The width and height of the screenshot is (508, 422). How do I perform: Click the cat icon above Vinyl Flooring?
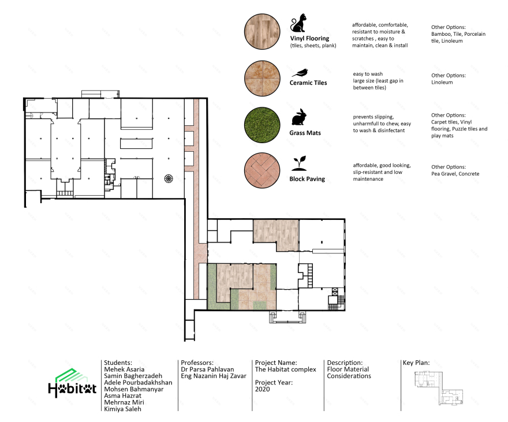(x=298, y=23)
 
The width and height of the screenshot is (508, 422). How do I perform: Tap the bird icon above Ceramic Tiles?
(x=300, y=73)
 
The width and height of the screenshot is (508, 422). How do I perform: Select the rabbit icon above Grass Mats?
(x=299, y=117)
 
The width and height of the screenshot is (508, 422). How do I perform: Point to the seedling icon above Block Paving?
(x=299, y=163)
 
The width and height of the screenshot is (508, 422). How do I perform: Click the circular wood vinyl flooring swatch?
(x=262, y=31)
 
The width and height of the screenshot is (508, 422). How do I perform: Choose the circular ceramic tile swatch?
(x=262, y=78)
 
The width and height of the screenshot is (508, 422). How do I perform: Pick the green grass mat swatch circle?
(x=262, y=125)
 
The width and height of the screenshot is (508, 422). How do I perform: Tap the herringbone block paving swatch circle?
(x=262, y=170)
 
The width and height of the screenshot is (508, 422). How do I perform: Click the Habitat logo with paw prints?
(x=72, y=383)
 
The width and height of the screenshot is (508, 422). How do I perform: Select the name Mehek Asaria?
(x=124, y=369)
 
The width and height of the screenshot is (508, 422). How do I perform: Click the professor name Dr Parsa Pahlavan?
(x=207, y=369)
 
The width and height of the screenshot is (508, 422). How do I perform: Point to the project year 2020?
(x=262, y=389)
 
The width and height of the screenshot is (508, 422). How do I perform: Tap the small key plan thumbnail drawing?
(x=439, y=388)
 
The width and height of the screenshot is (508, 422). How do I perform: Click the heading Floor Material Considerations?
(x=349, y=372)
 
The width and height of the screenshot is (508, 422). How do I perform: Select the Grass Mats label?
(x=305, y=133)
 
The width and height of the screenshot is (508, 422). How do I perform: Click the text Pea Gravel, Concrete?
(x=455, y=174)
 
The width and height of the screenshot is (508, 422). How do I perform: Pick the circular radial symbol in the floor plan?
(x=169, y=178)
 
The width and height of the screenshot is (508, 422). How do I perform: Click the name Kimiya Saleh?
(x=122, y=409)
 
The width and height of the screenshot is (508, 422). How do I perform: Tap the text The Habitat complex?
(x=285, y=369)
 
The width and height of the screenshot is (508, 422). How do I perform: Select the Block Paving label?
(x=307, y=179)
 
